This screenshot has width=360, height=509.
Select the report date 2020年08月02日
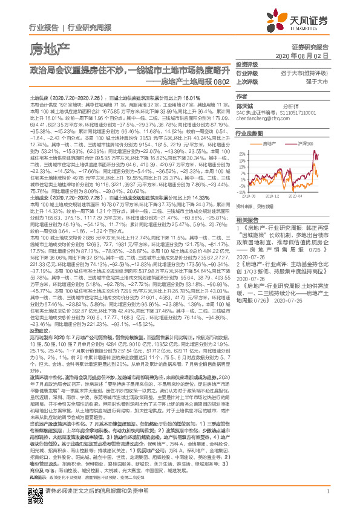(302, 55)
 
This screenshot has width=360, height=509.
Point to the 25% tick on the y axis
(241, 154)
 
